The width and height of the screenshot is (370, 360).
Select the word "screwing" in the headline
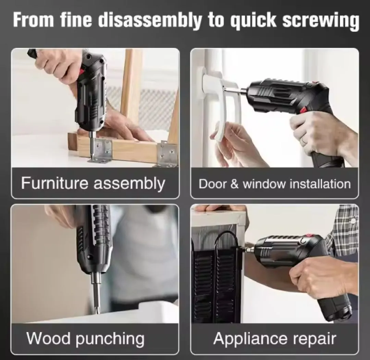coord(320,21)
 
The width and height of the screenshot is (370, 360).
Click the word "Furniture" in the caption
coord(54,183)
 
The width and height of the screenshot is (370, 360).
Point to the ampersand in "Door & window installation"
coord(234,184)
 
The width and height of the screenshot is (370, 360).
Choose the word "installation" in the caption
coord(320,184)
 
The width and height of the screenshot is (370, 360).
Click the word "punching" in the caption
coord(110,339)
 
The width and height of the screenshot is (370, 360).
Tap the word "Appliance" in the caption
coord(250,339)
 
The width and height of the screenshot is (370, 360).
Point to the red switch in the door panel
coord(303,110)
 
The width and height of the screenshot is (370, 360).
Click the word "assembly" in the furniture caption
coord(129,183)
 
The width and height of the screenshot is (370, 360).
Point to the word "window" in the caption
coord(264,184)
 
